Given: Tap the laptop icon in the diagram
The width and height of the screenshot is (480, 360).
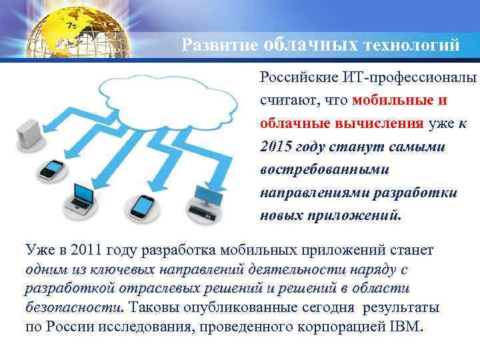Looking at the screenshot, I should point(83,195).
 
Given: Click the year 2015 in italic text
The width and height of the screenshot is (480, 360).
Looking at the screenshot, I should point(277,147).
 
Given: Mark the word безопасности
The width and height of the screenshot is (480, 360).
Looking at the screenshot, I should point(73,308).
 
